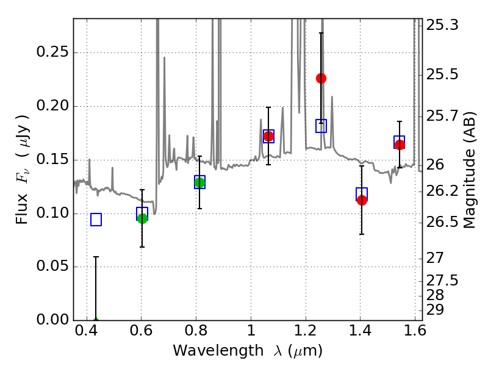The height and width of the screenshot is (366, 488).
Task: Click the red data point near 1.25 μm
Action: (x=321, y=79)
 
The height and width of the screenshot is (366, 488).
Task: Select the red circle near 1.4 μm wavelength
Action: (x=362, y=200)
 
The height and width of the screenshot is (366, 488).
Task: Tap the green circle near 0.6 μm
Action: (x=142, y=218)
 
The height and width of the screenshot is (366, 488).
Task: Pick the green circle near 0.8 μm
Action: (x=199, y=182)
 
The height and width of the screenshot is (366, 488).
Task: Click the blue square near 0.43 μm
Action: (x=96, y=220)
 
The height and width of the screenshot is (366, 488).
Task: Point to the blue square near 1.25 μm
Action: (x=321, y=126)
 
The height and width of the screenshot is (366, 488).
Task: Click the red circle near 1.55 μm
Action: (x=400, y=145)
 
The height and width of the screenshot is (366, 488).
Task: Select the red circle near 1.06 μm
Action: (x=268, y=136)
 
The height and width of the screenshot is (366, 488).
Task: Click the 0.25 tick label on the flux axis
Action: (x=52, y=51)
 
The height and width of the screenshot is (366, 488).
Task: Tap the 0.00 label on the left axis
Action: (x=52, y=319)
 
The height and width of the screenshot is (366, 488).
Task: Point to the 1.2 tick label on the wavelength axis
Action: (x=306, y=330)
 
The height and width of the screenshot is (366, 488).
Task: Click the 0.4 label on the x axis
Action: (x=87, y=330)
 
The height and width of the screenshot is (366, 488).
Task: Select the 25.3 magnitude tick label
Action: (x=442, y=25)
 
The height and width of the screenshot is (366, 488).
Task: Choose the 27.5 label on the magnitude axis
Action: (x=442, y=281)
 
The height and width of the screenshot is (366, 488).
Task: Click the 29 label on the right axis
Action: (x=435, y=310)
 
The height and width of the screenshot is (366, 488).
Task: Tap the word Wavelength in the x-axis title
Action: (x=218, y=351)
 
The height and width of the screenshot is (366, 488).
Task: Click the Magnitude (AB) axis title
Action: (x=470, y=170)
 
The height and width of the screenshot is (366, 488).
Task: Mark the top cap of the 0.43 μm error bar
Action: (x=96, y=257)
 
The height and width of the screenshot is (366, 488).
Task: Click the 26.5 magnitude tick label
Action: (x=442, y=222)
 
